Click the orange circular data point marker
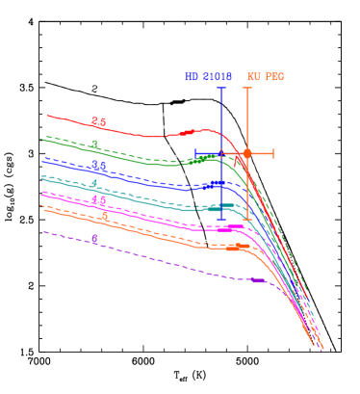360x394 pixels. click(x=247, y=153)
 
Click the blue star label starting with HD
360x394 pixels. click(x=208, y=77)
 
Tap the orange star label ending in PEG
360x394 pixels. click(x=266, y=77)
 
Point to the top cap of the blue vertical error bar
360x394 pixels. click(x=221, y=88)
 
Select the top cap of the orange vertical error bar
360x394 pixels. click(x=247, y=88)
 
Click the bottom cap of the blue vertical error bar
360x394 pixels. click(x=221, y=220)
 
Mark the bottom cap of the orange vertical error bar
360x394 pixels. click(x=247, y=220)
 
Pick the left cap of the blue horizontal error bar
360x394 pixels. click(x=195, y=153)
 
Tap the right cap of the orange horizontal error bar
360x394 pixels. click(x=273, y=153)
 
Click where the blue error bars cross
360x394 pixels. click(x=221, y=153)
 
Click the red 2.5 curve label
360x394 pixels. click(x=99, y=122)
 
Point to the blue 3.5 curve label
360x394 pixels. click(x=99, y=166)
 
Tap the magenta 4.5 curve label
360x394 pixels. click(x=99, y=200)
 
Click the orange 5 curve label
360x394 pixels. click(x=104, y=216)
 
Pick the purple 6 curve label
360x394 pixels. click(x=94, y=239)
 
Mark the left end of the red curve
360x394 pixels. click(x=47, y=116)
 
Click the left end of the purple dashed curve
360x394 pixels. click(x=43, y=231)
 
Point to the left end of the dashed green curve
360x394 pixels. click(x=41, y=137)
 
